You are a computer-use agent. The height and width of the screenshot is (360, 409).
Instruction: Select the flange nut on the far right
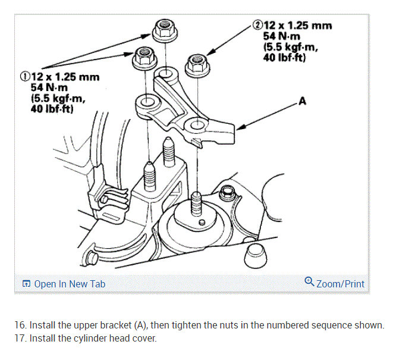click(196, 64)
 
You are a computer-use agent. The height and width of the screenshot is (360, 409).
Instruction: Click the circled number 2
click(257, 26)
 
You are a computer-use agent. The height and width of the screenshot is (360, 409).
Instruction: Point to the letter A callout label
click(302, 101)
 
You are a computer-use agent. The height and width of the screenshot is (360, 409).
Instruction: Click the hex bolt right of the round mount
click(225, 193)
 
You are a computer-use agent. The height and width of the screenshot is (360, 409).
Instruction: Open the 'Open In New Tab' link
click(64, 284)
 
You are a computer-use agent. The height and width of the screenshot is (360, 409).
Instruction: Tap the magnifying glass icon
click(309, 282)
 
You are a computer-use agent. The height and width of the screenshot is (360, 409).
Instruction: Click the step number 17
click(21, 339)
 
